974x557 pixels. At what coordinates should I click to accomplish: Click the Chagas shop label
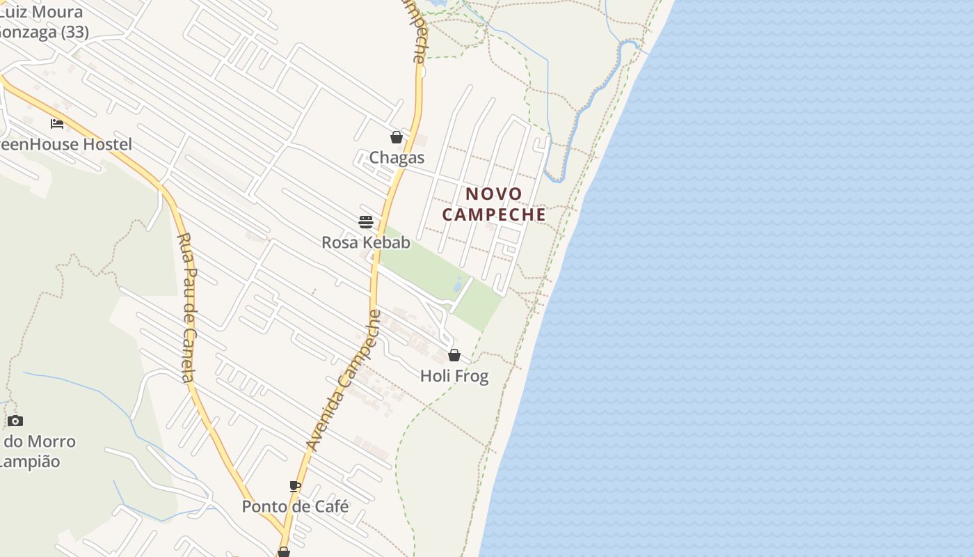[397, 157]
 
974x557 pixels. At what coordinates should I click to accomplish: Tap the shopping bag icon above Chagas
[397, 137]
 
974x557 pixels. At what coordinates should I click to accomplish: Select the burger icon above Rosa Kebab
[366, 222]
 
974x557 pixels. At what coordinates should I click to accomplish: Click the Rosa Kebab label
[366, 242]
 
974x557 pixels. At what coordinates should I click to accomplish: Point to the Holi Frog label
[454, 376]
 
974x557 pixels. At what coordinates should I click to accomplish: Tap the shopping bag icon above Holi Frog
[454, 355]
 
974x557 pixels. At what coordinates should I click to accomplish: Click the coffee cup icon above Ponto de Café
[295, 486]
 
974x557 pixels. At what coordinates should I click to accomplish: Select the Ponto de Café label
[295, 506]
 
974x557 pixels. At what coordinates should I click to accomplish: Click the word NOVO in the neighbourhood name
[494, 194]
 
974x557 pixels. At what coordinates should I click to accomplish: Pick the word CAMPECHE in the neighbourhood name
[494, 214]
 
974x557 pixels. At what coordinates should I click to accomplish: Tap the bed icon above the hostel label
[57, 124]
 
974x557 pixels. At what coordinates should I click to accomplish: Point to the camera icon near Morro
[15, 421]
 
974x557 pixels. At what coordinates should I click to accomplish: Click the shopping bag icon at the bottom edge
[284, 552]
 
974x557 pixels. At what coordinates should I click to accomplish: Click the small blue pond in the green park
[458, 285]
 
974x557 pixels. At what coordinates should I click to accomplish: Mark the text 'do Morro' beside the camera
[40, 441]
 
